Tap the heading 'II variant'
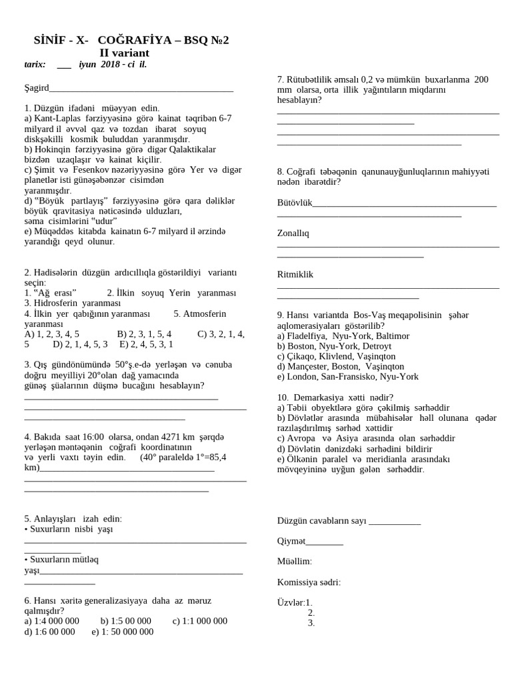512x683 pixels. (x=125, y=53)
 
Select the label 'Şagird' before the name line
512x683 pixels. (x=37, y=87)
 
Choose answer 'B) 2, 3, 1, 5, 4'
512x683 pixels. (x=144, y=334)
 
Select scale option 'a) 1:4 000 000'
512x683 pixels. (x=51, y=621)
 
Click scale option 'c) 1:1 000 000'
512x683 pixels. (x=199, y=621)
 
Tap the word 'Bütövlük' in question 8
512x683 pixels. (x=295, y=203)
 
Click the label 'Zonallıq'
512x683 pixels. (x=293, y=233)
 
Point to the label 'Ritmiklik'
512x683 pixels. (x=295, y=274)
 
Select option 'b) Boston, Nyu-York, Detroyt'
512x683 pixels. (x=334, y=346)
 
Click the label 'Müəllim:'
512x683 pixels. (x=294, y=562)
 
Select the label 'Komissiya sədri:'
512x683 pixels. (x=309, y=582)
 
